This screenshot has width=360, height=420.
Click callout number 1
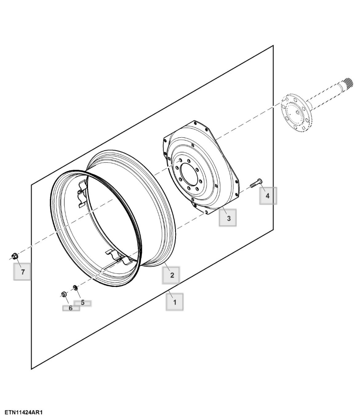(x=174, y=302)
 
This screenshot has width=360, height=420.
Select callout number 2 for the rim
(x=172, y=275)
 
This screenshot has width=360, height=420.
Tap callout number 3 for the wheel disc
(x=229, y=218)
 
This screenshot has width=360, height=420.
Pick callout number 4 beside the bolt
(x=267, y=196)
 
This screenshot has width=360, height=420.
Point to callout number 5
(x=82, y=302)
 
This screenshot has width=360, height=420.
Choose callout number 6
(x=70, y=308)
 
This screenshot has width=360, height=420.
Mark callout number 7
(x=23, y=272)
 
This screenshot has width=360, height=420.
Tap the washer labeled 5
(x=75, y=287)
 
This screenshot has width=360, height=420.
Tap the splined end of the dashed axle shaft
(x=347, y=83)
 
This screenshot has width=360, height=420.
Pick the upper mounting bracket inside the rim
(x=83, y=194)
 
